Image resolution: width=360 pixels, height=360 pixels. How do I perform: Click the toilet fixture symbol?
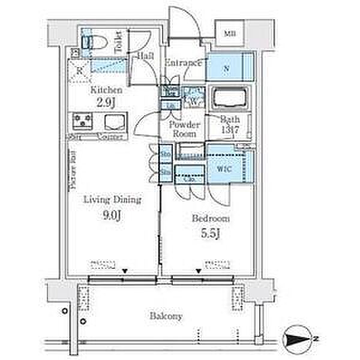[x=96, y=41]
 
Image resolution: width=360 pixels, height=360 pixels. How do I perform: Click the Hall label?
[x=146, y=55]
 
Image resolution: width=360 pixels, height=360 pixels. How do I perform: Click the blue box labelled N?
[x=227, y=68]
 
